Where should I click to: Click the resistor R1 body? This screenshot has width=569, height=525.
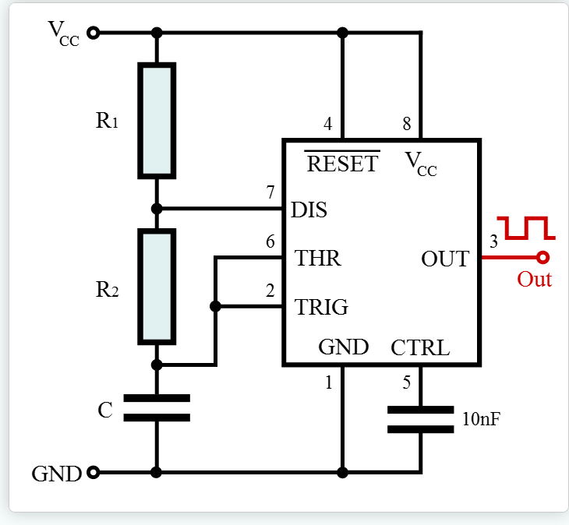(157, 121)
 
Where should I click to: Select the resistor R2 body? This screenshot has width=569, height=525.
(157, 287)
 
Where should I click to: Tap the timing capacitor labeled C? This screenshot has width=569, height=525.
(157, 408)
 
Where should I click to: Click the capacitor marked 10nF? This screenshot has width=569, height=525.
(421, 420)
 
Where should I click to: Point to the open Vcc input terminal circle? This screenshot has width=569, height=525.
(94, 33)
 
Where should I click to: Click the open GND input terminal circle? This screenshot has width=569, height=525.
(94, 473)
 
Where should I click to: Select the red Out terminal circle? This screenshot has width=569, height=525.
(542, 257)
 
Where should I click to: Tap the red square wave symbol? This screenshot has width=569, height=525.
(526, 228)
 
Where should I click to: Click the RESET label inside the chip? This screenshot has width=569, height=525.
(342, 164)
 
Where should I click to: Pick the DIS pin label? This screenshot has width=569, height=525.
(309, 210)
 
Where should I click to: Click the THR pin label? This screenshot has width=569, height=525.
(318, 258)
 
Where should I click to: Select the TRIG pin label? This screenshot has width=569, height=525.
(321, 307)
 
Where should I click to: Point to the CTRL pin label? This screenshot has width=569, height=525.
(420, 347)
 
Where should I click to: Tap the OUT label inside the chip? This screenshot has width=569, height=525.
(445, 259)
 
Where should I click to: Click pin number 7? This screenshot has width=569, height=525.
(270, 192)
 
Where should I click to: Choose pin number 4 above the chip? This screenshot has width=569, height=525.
(327, 124)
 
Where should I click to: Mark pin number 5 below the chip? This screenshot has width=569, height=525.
(406, 382)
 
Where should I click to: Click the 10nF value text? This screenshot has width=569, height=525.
(482, 419)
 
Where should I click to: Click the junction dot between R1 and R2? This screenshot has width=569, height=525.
(157, 209)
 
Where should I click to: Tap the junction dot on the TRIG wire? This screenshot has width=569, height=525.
(216, 306)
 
